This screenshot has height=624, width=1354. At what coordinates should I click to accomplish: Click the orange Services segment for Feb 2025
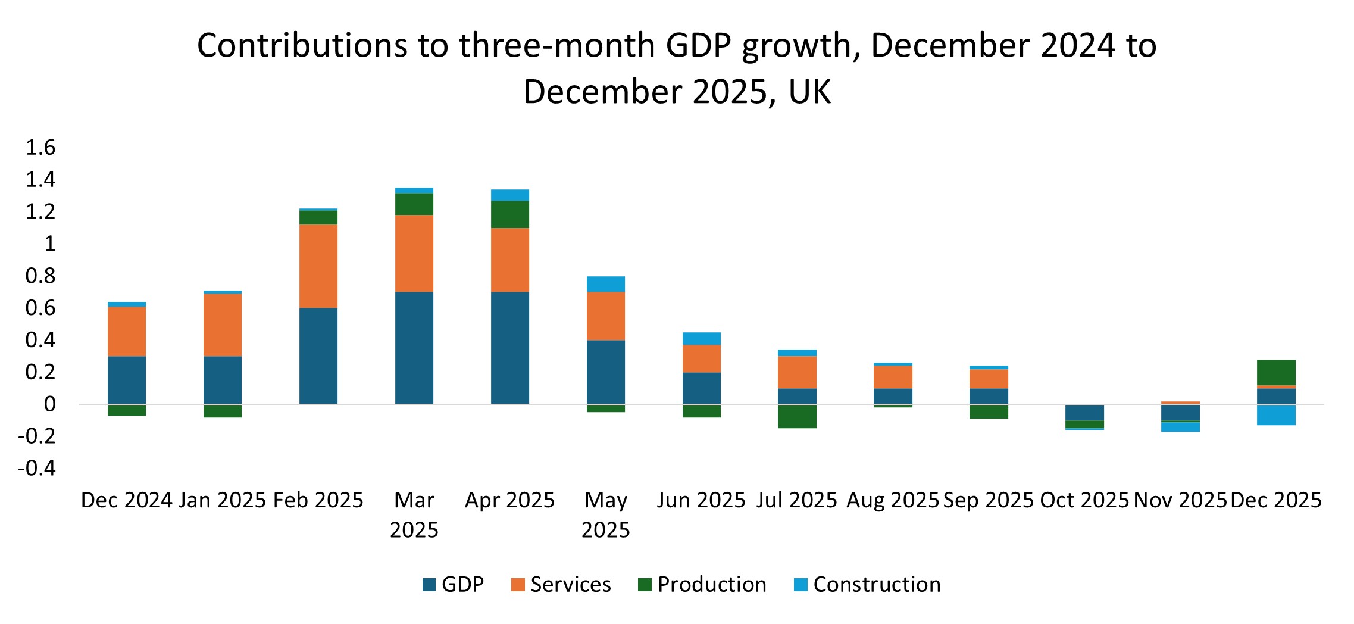pos(318,266)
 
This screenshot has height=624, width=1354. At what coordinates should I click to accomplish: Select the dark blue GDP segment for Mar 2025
pos(414,348)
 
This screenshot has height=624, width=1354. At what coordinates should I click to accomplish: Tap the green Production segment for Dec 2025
pos(1276,373)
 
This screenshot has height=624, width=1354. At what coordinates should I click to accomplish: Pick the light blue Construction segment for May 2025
pos(606,284)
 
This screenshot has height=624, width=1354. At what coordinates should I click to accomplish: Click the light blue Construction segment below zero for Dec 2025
pos(1276,415)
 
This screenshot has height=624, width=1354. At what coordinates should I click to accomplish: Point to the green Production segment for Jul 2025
pos(797,417)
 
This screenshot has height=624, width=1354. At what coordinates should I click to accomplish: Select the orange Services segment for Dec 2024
pos(127,332)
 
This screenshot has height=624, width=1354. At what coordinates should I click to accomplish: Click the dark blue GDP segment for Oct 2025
pos(1084,413)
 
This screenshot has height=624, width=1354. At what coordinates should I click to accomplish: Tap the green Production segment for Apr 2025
pos(510,214)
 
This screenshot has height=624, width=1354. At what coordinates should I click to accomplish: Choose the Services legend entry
pos(561,585)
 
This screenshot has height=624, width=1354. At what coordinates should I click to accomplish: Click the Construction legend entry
pos(867,585)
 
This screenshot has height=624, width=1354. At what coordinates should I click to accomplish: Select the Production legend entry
pos(702,585)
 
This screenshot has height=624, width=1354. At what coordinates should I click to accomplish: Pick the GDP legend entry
pos(454,585)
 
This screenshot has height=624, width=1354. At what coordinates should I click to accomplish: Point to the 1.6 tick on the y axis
pos(40,147)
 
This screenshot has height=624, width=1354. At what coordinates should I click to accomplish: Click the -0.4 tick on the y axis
pos(37,469)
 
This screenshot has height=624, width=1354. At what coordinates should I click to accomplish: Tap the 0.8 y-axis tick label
pos(40,276)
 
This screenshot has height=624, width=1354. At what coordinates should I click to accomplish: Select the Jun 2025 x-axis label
pos(701,500)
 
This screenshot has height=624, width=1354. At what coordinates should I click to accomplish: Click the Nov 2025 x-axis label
pos(1180,500)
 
